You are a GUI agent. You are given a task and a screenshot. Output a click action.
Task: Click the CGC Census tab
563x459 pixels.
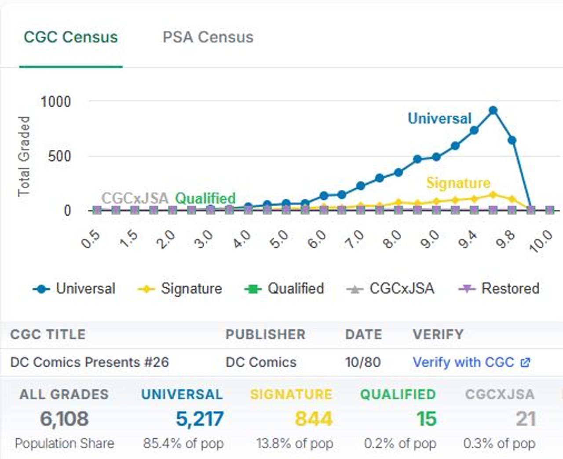[x=71, y=37]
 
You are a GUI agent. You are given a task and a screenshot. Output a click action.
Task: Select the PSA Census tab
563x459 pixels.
[x=208, y=37]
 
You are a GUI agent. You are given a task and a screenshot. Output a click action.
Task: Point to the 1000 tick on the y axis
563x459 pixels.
[x=55, y=102]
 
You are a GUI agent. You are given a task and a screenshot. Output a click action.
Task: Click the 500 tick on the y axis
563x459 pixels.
[x=59, y=156]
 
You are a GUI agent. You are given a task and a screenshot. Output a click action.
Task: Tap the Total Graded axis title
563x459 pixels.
[x=24, y=156]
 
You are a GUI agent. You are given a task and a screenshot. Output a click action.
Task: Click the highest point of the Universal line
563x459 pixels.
[x=493, y=111]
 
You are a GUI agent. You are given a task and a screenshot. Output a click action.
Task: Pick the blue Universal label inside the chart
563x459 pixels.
[x=439, y=119]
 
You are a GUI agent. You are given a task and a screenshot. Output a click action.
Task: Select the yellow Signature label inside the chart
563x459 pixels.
[x=458, y=183]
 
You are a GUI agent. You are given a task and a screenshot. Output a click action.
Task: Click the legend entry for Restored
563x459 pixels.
[x=499, y=289]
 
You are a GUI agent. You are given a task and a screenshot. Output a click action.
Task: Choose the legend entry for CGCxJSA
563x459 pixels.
[x=391, y=289]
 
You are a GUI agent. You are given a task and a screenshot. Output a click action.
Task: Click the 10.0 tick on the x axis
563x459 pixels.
[x=541, y=241]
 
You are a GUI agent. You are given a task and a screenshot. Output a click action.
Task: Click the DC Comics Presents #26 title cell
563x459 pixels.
[x=90, y=362]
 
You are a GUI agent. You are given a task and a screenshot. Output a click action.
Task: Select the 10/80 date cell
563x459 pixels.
[x=363, y=362]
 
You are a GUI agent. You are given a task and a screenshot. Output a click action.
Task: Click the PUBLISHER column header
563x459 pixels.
[x=265, y=334]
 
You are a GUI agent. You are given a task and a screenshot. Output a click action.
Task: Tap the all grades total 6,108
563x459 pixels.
[x=64, y=419]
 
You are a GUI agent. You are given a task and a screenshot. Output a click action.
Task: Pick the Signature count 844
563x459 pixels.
[x=314, y=419]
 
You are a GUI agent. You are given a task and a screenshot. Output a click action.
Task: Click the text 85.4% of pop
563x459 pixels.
[x=183, y=444]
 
